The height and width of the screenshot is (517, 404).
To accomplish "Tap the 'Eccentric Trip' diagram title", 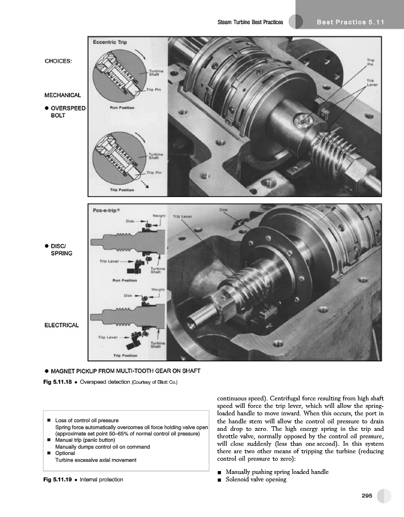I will tap(111, 43).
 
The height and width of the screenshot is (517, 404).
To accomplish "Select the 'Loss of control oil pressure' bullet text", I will tap(87, 420).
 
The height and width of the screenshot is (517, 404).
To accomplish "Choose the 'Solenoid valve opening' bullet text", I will tap(256, 479).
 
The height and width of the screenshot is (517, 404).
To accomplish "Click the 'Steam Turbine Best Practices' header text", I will tap(250, 22).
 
